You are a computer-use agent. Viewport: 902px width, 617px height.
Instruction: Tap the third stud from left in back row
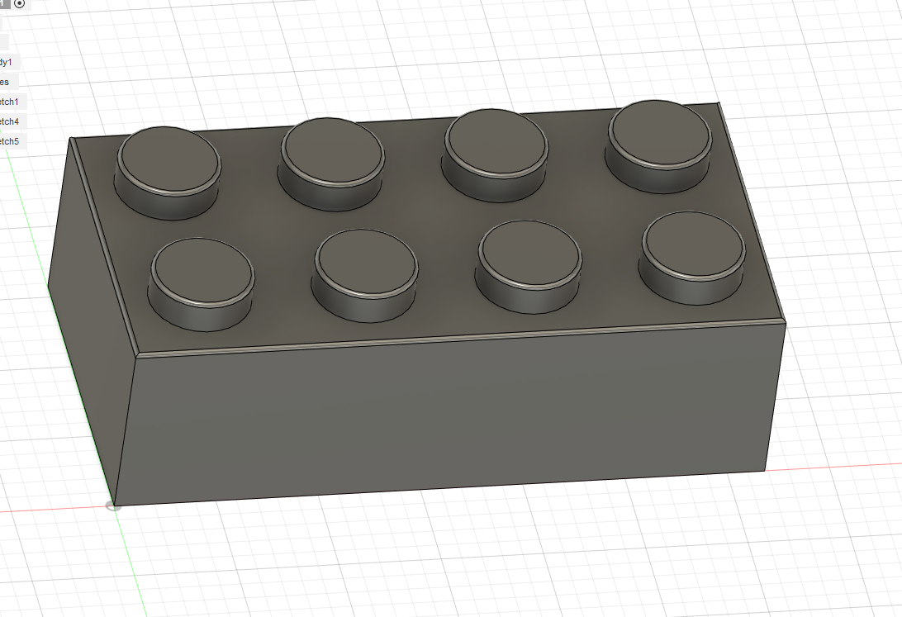pos(496,138)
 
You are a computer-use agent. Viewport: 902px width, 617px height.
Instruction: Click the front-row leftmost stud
pos(202,268)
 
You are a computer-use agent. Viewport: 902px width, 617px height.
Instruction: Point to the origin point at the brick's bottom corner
pos(114,505)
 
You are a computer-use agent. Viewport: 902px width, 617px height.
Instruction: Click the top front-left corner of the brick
pos(135,356)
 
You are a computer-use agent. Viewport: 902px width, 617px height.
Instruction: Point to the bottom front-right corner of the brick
pos(767,469)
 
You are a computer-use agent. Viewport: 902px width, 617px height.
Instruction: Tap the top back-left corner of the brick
pos(70,139)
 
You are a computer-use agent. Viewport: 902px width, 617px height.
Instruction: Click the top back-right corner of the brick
pos(720,103)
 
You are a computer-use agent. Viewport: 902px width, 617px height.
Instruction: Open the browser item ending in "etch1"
pos(12,102)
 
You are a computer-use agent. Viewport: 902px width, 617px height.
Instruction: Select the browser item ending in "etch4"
pos(12,121)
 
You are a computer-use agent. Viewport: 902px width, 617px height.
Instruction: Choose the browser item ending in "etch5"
pos(12,141)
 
